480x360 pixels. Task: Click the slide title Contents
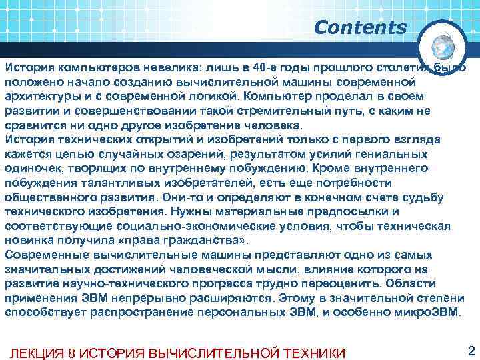pos(360,28)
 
